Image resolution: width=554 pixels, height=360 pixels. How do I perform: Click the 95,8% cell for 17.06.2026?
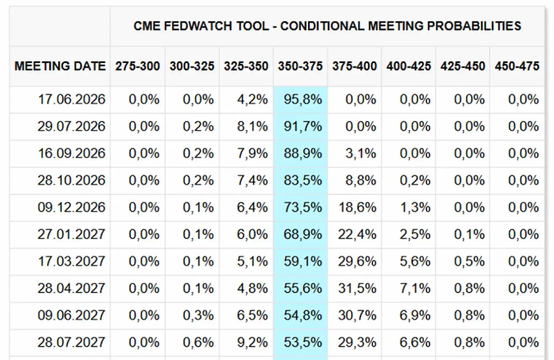[x=303, y=100]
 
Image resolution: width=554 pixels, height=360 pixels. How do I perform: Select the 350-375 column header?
[x=300, y=66]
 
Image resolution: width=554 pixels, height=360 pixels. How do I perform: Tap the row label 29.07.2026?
[x=71, y=126]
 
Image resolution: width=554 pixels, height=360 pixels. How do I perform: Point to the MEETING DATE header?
[x=60, y=66]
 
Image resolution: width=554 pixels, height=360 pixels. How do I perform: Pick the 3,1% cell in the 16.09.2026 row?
[x=361, y=153]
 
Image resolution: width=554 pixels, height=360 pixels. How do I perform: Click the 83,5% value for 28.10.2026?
[x=303, y=180]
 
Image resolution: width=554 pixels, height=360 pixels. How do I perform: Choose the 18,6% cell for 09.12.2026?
[x=357, y=207]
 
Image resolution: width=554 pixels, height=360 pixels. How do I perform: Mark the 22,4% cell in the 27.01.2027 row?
[x=357, y=234]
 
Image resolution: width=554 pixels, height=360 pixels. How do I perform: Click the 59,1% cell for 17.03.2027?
[x=303, y=261]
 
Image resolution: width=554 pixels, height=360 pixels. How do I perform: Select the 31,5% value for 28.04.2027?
[x=357, y=288]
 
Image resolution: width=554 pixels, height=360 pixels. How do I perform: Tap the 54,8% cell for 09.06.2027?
[x=303, y=315]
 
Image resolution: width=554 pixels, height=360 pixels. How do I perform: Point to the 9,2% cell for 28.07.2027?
[x=252, y=342]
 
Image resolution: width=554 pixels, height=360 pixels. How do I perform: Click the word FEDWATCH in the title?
[x=198, y=26]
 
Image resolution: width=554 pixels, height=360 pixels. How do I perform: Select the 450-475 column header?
[x=517, y=66]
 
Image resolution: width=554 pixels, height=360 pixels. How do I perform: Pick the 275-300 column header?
[x=138, y=66]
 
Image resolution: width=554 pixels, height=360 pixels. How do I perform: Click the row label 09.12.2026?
[x=71, y=207]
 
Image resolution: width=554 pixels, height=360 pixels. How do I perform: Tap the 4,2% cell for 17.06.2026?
[x=252, y=100]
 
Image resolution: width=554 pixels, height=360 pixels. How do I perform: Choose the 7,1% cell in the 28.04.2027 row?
[x=415, y=288]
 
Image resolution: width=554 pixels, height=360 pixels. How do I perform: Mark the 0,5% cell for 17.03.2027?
[x=469, y=261]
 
